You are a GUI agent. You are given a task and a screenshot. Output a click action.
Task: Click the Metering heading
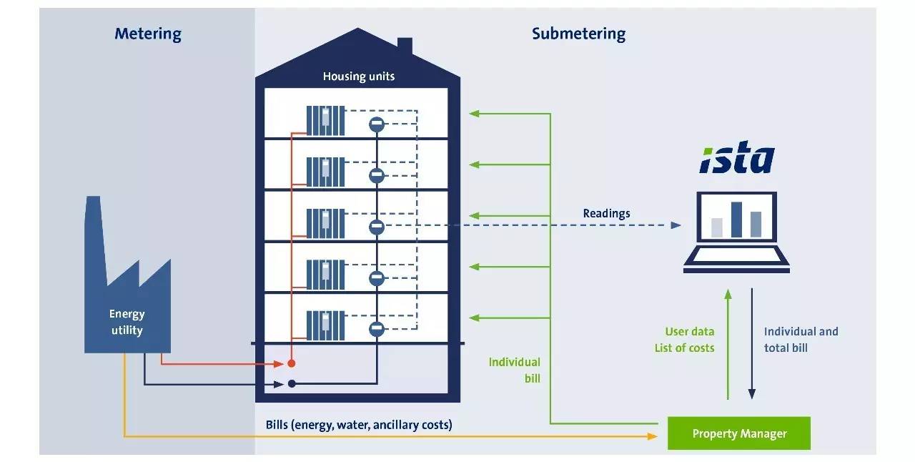[x=148, y=34]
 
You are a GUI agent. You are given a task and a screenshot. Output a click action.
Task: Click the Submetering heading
[x=578, y=34]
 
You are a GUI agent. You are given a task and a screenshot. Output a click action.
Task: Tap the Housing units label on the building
[x=358, y=76]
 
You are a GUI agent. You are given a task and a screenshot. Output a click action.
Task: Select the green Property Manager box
[x=738, y=433]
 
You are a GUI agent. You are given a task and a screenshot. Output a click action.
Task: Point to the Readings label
[x=606, y=213]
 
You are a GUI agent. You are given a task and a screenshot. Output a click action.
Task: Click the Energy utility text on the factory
[x=127, y=322]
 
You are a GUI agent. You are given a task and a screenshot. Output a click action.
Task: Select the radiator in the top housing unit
[x=325, y=120]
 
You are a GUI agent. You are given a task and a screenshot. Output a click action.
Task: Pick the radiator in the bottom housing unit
[x=325, y=325]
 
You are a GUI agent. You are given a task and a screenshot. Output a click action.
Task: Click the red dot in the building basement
[x=292, y=363]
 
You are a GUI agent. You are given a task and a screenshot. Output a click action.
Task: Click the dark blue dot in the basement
[x=292, y=384]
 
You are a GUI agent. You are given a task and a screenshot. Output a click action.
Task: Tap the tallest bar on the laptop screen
[x=736, y=219]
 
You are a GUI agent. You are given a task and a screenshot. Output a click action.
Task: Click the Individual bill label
[x=515, y=370]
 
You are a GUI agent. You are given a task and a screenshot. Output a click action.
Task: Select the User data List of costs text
[x=684, y=340]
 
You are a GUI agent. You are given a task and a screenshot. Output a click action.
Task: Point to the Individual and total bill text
[x=801, y=340]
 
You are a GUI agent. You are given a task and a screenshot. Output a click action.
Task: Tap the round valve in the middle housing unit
[x=377, y=227]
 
